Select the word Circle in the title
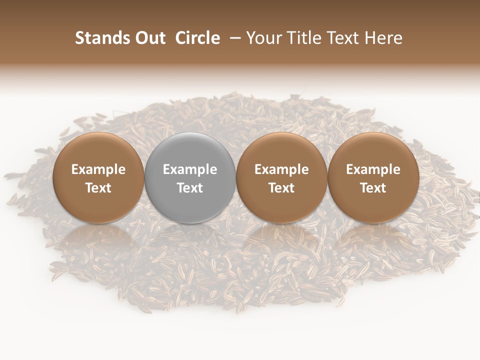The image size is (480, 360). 197,38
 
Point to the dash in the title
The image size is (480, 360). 233,38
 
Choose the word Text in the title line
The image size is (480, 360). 341,38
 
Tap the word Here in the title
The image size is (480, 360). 383,38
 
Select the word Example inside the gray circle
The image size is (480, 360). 190,169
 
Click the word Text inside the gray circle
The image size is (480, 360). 190,188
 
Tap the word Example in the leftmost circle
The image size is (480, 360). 98,169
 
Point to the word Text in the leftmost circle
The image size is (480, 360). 98,188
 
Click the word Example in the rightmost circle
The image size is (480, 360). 373,169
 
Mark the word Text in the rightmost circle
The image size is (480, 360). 373,188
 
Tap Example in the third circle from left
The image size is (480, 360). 281,169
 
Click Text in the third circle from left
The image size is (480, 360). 281,188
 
